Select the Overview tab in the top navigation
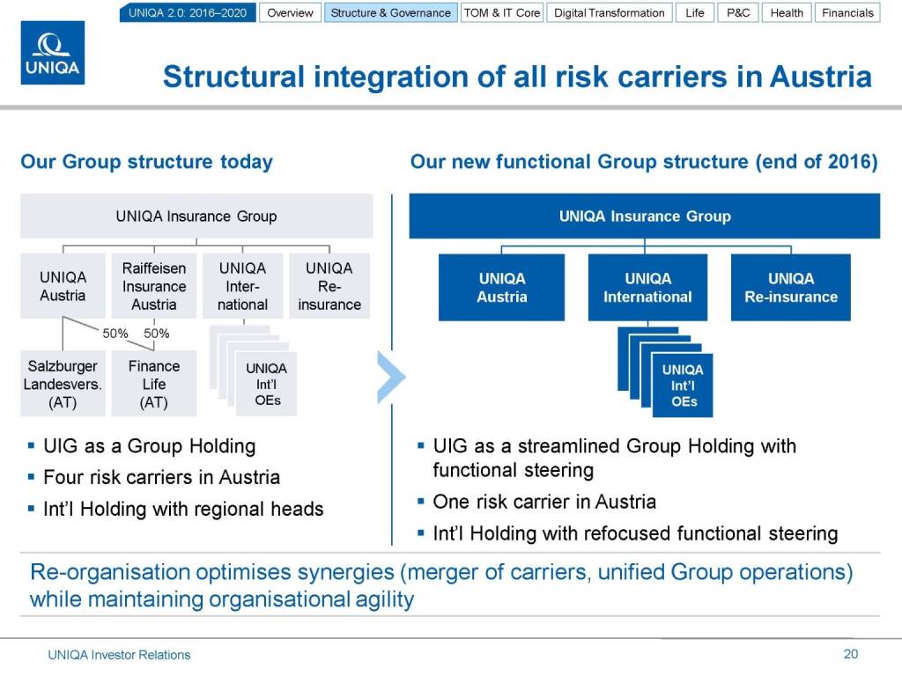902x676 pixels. (x=290, y=13)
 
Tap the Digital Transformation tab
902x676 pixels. (x=610, y=13)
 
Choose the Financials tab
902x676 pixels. (x=847, y=13)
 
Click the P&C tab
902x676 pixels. (x=738, y=13)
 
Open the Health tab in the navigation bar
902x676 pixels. (x=787, y=13)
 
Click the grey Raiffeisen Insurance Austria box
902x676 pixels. (x=154, y=286)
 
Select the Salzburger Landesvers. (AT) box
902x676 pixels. (x=63, y=384)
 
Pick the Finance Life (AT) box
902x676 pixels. (x=154, y=384)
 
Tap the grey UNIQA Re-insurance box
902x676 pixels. (x=329, y=286)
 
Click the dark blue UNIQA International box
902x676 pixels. (x=647, y=288)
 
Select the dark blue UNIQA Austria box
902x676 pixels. (x=502, y=288)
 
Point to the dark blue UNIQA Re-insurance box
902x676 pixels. (x=791, y=288)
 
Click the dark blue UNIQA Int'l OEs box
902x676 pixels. (x=684, y=386)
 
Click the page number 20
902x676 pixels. (x=850, y=653)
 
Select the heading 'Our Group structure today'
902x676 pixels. (x=146, y=162)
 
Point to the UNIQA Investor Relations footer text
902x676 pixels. (x=119, y=654)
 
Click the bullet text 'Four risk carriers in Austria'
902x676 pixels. (x=161, y=477)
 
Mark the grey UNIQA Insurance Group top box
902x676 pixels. (x=196, y=216)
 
